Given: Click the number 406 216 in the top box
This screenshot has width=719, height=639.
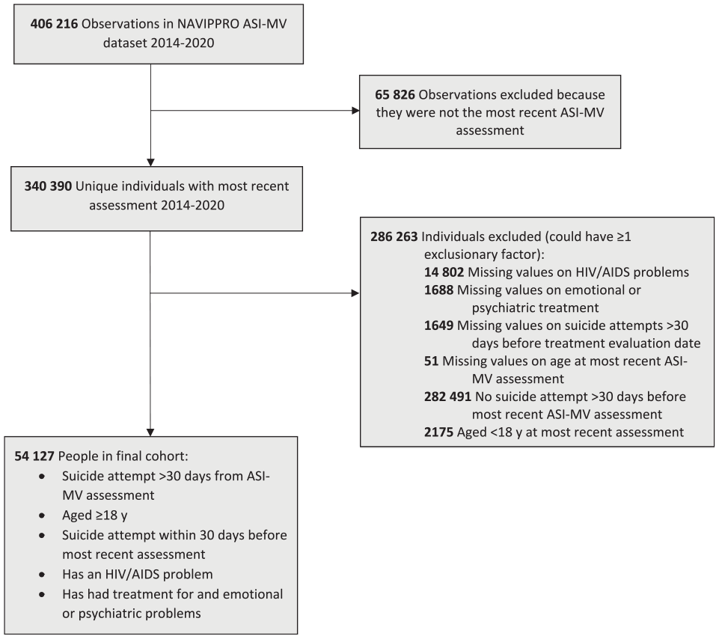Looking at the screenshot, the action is tap(54, 24).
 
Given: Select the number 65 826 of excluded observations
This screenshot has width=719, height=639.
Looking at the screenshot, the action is tap(395, 94).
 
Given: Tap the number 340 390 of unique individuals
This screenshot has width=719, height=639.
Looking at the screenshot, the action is tap(48, 186).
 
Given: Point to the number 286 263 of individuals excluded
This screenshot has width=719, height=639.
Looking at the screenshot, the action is tap(394, 236).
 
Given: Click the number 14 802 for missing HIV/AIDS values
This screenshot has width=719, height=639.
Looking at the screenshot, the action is tap(444, 272).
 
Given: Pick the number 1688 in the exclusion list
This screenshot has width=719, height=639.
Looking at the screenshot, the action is tap(439, 290).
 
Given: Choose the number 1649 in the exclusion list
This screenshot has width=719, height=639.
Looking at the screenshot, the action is tap(439, 325).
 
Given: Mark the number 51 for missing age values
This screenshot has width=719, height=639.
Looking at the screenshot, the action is tap(431, 361).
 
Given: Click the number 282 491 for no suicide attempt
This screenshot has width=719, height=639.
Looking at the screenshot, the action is tap(447, 397).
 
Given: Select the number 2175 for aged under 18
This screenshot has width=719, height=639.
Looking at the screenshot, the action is tap(439, 432).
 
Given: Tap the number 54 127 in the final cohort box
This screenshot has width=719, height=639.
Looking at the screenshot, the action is tap(34, 456).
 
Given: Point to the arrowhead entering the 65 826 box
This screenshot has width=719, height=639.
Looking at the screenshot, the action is tap(355, 111).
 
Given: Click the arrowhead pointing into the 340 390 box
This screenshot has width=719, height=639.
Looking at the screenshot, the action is tap(150, 162).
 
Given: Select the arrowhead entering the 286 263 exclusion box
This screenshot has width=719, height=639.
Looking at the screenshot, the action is tap(355, 293).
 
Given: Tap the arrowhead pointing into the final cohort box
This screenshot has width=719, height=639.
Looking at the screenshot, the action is tap(150, 432).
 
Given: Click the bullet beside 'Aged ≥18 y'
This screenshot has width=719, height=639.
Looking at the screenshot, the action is tap(42, 516).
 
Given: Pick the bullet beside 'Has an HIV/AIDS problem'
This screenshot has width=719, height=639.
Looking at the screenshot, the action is tap(42, 575).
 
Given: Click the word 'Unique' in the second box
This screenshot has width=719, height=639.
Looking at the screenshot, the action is tap(95, 186).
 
